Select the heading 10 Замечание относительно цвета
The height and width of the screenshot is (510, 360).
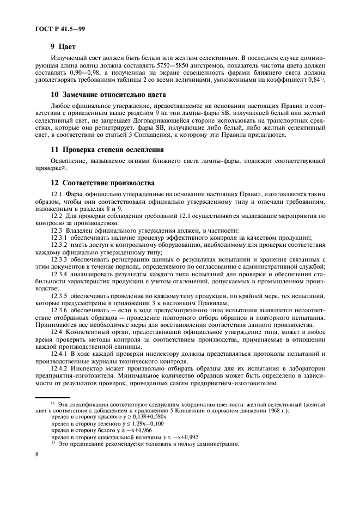(x=109, y=95)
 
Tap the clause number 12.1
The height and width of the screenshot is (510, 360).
(x=57, y=195)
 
